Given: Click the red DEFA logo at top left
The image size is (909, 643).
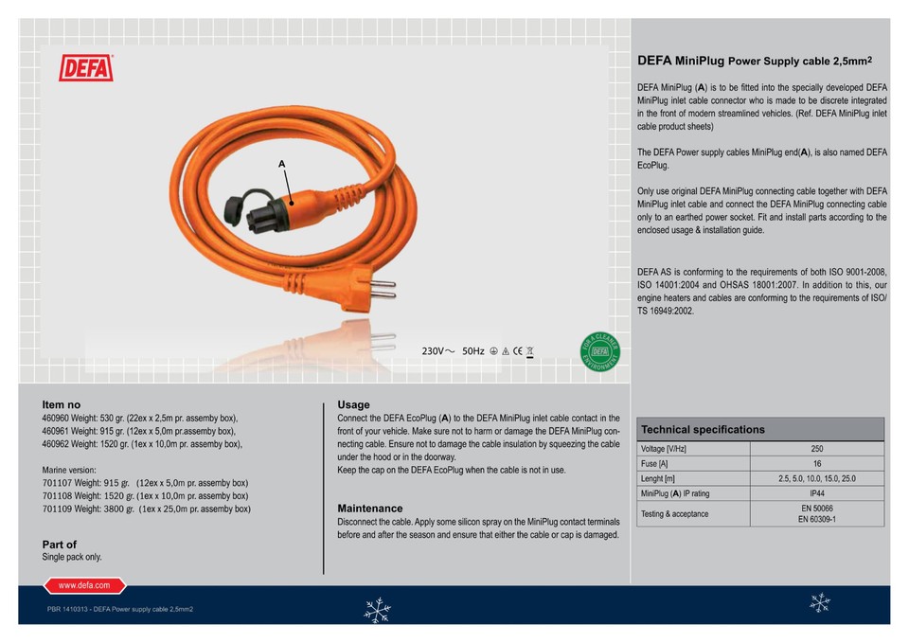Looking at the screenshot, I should [x=86, y=68].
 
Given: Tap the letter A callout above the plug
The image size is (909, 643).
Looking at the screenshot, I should [x=281, y=164].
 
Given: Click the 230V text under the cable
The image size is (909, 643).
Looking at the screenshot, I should [x=437, y=351].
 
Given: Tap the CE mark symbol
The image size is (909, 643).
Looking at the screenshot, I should [x=517, y=351].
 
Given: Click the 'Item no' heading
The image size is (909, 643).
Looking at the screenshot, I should [x=62, y=404].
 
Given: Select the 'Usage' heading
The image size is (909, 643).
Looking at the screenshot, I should [x=353, y=404].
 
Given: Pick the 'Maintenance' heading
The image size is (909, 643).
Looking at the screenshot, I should [x=369, y=509].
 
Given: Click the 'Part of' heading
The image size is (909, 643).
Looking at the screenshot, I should [x=60, y=545].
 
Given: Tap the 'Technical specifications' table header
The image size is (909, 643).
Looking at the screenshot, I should [x=703, y=430].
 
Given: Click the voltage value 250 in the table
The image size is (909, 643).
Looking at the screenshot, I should [x=816, y=449].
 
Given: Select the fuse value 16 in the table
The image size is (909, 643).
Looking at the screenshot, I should [x=816, y=464].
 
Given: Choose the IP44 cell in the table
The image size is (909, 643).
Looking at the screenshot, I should [x=816, y=493].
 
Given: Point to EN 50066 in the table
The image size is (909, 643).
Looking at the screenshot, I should [x=816, y=509].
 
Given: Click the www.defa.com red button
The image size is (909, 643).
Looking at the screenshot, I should [x=84, y=586].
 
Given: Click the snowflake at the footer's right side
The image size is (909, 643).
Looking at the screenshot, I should [x=820, y=601].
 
